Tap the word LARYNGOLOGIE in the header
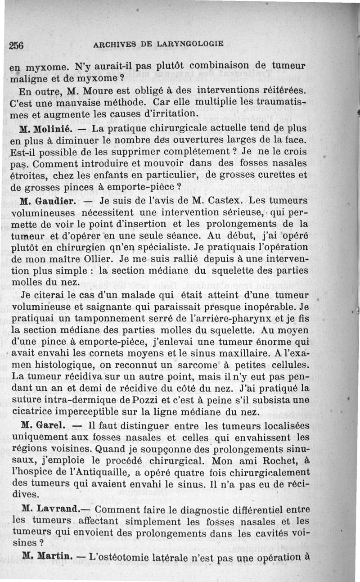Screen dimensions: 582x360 coord(191,44)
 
